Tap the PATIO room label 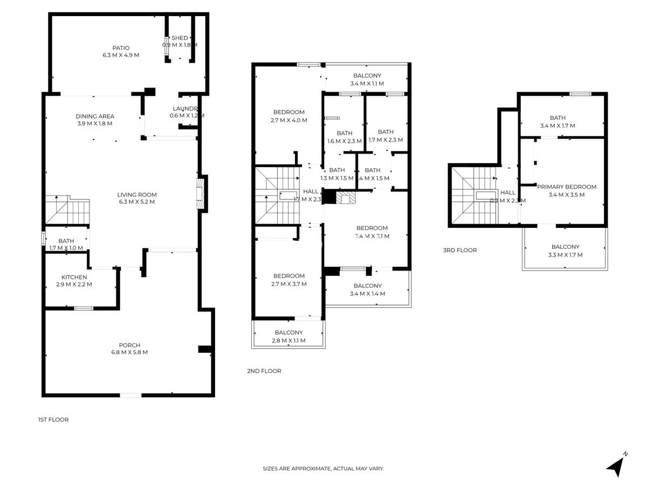coord(121,48)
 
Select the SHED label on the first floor coord(180,38)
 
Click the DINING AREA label coord(94,116)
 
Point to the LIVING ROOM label coord(137,195)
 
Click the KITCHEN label coord(74,277)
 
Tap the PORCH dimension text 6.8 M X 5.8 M coord(129,352)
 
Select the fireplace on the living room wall coord(201,193)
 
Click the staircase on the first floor coord(67,210)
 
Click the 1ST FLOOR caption coord(53,419)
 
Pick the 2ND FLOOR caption coord(264,371)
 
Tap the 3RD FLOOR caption coord(459,250)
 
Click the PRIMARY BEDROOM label coord(566,187)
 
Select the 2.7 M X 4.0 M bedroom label coord(288,120)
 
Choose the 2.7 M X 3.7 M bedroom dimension coord(288,284)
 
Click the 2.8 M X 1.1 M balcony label coord(288,341)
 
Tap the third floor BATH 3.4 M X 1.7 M coord(557,122)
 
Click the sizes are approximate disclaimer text coord(323,469)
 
